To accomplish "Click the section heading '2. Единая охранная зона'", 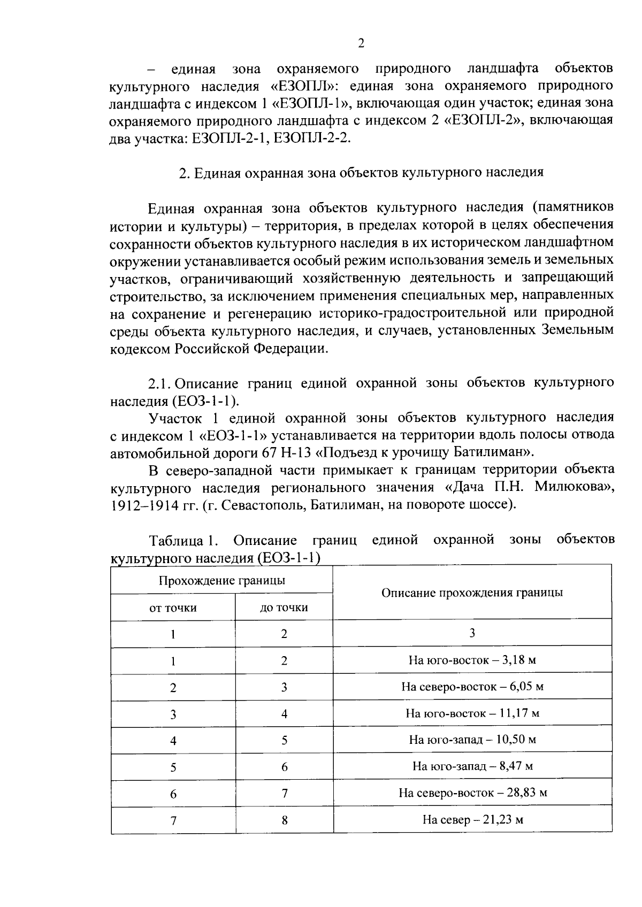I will pos(361,173).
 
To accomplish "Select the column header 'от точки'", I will pos(173,608).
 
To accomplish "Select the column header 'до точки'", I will pos(284,608).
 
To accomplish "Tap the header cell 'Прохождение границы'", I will pos(221,580).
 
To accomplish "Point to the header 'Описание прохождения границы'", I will pos(472,593).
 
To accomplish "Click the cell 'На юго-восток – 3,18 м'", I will pos(472,660).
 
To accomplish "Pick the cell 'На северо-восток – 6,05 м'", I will pos(472,687).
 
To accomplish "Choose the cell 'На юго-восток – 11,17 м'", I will pos(472,713).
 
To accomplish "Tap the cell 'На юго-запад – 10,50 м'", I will pos(472,740).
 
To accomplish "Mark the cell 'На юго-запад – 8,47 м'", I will pos(472,766).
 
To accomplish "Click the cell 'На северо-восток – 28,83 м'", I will pos(472,793).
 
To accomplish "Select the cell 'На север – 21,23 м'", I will pos(472,820).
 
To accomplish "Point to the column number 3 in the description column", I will pos(472,633).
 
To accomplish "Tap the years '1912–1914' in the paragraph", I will pos(138,505).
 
